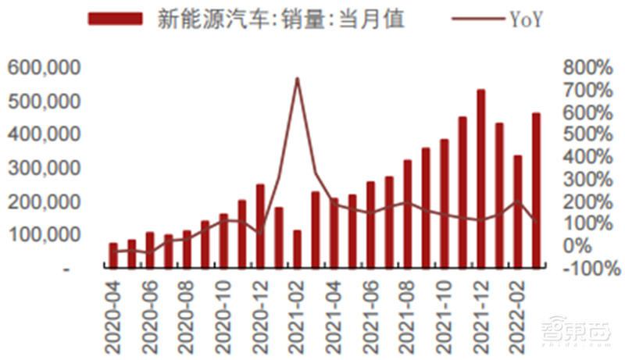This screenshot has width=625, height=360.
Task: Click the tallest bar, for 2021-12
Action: click(x=481, y=180)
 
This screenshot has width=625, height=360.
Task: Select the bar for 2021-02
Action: click(x=297, y=249)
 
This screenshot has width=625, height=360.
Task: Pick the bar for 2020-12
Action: click(x=260, y=226)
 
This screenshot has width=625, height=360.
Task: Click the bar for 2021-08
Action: click(x=407, y=214)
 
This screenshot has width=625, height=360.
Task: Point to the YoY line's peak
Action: click(x=297, y=79)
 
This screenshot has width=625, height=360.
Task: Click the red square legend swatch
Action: click(x=117, y=20)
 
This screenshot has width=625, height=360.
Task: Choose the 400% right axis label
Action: click(x=588, y=157)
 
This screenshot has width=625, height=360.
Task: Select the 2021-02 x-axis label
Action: click(x=295, y=316)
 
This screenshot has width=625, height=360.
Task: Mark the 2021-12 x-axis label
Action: click(x=478, y=316)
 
